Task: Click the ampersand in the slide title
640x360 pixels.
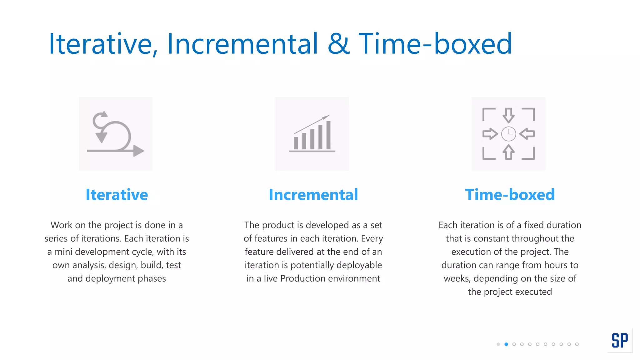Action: (x=339, y=44)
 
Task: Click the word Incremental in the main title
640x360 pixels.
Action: (x=242, y=44)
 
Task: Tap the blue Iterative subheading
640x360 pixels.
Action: (x=117, y=195)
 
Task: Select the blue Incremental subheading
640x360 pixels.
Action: (x=313, y=195)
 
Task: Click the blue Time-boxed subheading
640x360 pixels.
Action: (x=510, y=195)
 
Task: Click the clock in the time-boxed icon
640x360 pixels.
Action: (x=508, y=134)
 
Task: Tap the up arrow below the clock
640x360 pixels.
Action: (x=508, y=152)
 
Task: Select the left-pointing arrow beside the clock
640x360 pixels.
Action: (x=527, y=134)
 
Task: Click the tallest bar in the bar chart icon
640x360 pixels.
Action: (x=328, y=135)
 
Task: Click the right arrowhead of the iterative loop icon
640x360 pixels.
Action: (x=138, y=151)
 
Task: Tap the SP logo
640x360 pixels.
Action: (x=619, y=340)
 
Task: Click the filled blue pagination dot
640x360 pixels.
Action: (x=506, y=344)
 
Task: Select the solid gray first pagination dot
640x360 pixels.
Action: (x=498, y=344)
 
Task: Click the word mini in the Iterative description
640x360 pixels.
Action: (x=63, y=252)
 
